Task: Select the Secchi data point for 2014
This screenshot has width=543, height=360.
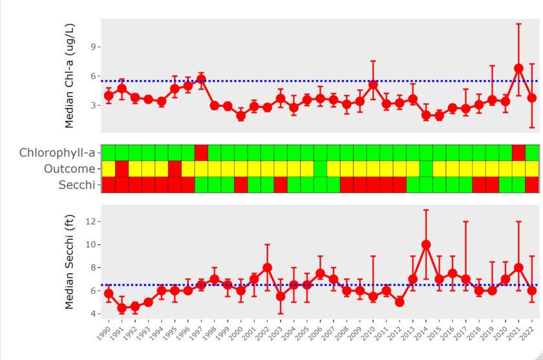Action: coord(426,244)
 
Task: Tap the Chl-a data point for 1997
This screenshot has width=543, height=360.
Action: coord(201,79)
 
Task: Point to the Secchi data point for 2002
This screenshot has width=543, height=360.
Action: coord(267,268)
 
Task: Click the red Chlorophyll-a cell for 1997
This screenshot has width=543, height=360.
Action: coord(201,153)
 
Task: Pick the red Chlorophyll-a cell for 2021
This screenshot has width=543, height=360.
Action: coord(518,153)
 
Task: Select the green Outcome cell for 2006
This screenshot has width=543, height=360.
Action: coord(320,169)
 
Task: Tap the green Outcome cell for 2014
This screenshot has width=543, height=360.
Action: coord(426,169)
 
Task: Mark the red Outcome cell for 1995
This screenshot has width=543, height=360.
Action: coord(175,169)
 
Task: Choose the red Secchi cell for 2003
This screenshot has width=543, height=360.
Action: coord(281,185)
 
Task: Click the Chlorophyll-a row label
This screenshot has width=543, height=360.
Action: coord(58,153)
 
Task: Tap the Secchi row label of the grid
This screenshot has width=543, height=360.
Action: coord(77,185)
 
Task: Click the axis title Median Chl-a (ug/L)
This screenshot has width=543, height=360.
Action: coord(72,75)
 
